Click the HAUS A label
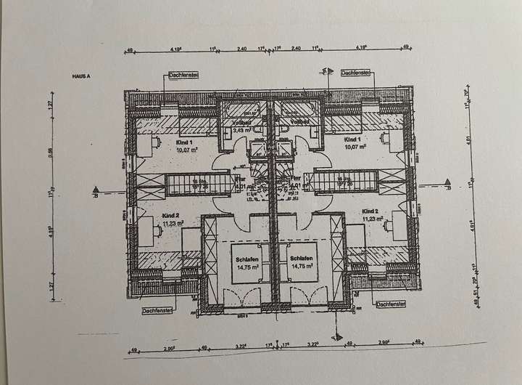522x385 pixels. coord(80,75)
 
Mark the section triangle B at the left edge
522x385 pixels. coord(95,193)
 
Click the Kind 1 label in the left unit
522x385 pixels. coord(184,144)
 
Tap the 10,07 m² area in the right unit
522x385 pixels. coord(355,146)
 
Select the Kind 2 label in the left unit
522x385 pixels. coord(170,216)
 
